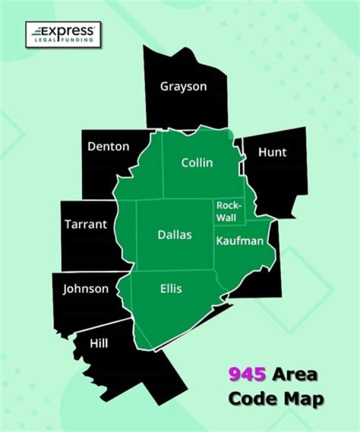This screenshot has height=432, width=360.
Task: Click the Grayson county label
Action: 183,86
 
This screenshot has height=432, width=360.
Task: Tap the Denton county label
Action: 108,147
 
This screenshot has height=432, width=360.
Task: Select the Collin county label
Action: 197,163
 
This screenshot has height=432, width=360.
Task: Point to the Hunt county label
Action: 272,152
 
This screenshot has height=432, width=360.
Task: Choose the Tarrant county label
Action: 85,224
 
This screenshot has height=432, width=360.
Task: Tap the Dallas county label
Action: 174,234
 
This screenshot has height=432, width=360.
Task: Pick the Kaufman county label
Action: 239,241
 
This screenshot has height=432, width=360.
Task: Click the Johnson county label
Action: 85,289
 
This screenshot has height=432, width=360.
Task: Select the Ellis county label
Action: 171,289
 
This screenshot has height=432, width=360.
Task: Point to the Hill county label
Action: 98,344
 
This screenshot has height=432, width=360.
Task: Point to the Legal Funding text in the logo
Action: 64,40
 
